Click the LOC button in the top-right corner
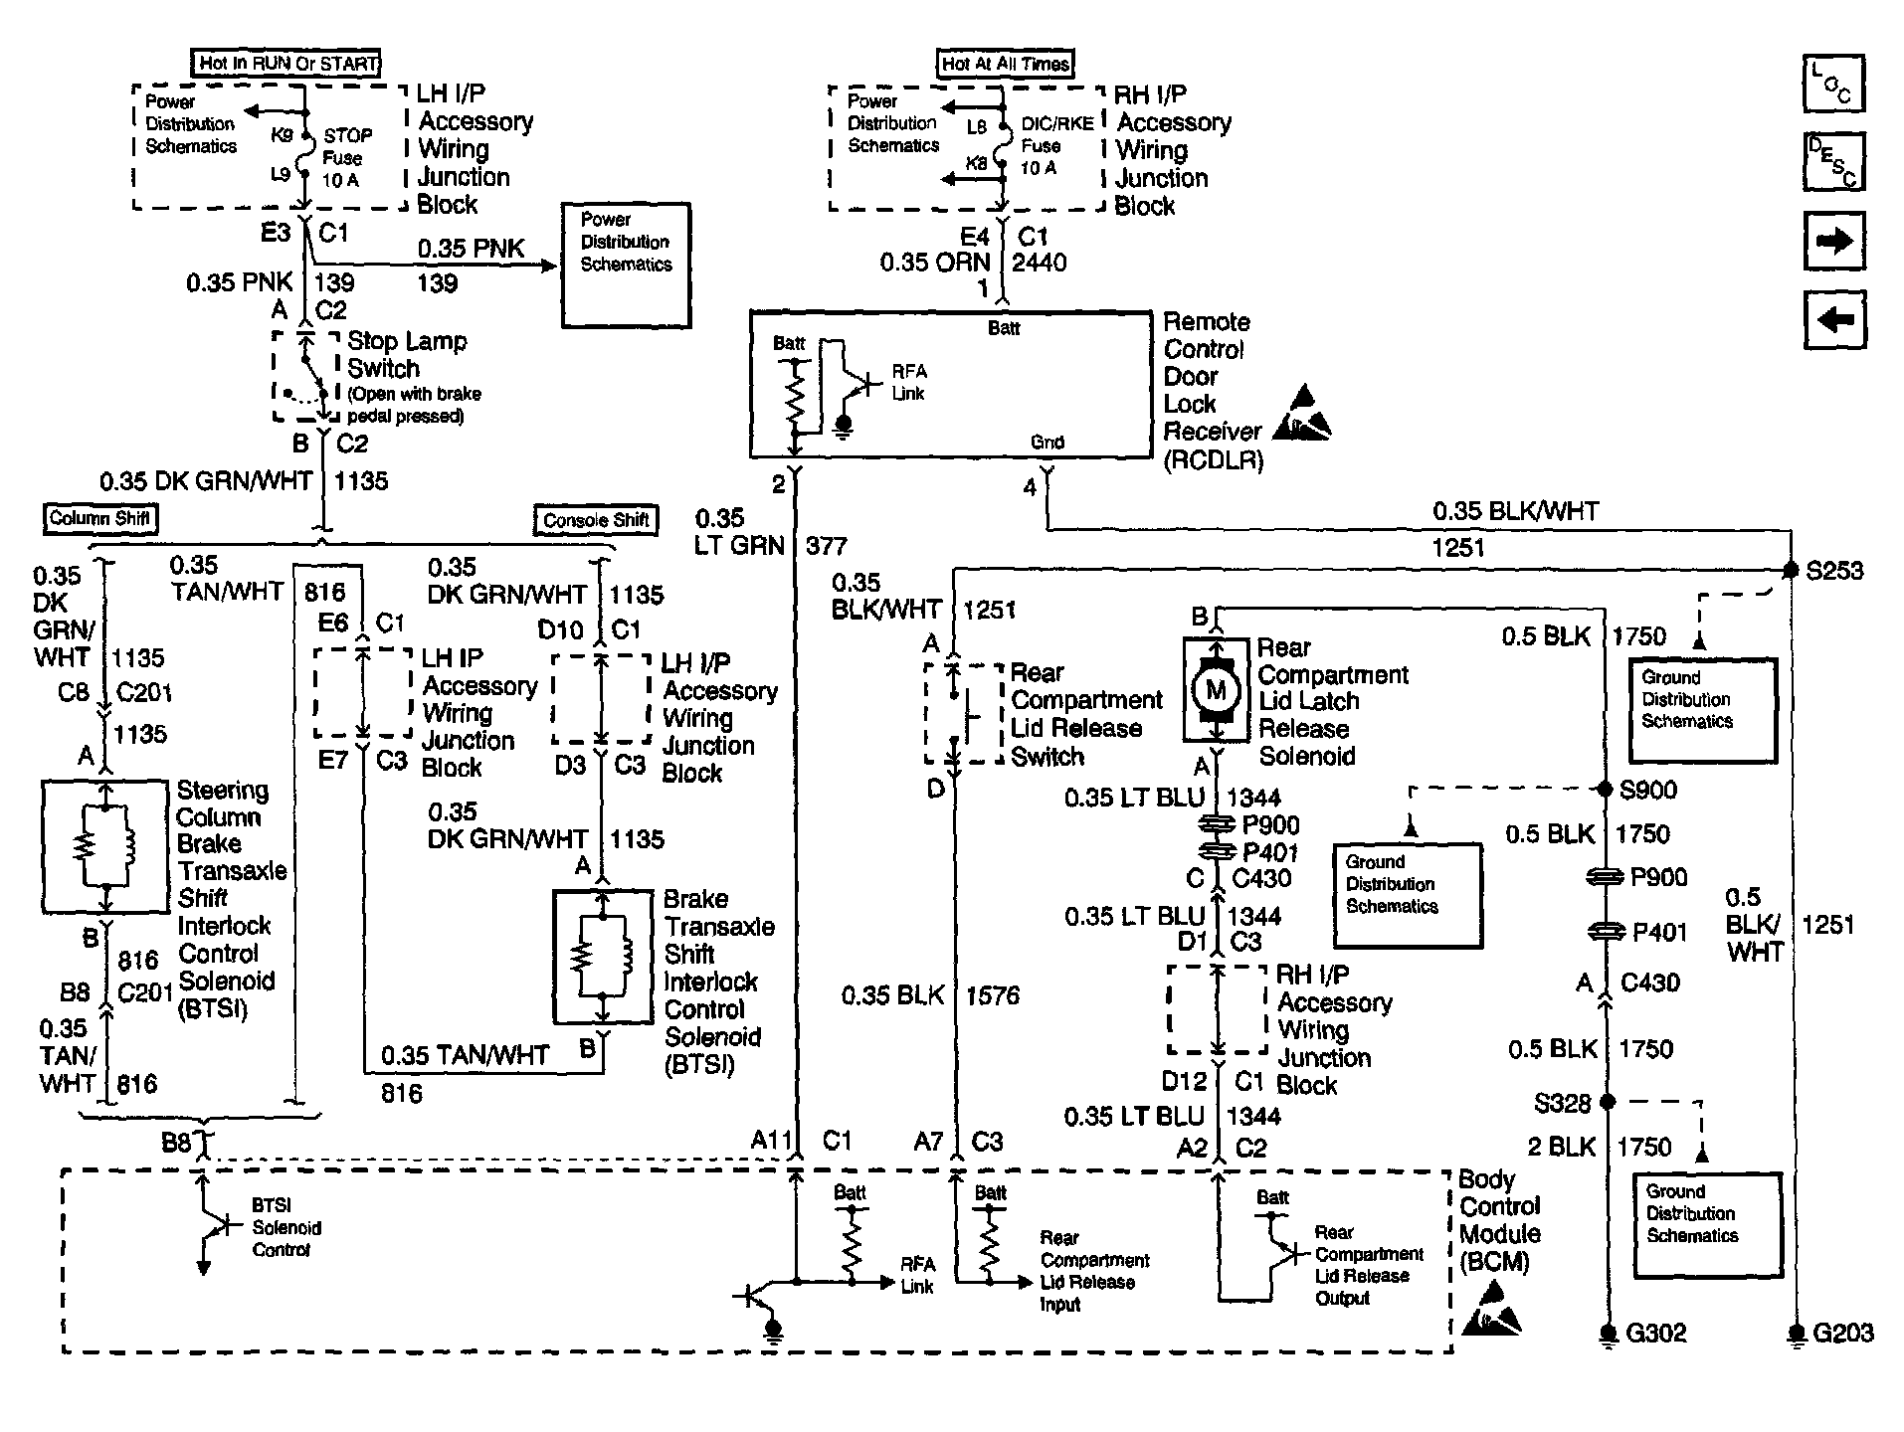coord(1833,84)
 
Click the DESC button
coord(1833,161)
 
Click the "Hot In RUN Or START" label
coord(287,64)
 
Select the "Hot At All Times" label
coord(1006,64)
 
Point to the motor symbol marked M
coord(1216,689)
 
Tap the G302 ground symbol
coord(1608,1335)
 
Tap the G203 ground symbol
coord(1797,1335)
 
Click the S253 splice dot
coord(1791,570)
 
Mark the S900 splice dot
coord(1605,790)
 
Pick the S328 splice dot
coord(1608,1102)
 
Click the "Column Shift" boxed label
coord(99,518)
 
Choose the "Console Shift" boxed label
coord(597,520)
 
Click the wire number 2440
coord(1039,263)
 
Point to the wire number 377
coord(826,545)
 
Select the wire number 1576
coord(992,995)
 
